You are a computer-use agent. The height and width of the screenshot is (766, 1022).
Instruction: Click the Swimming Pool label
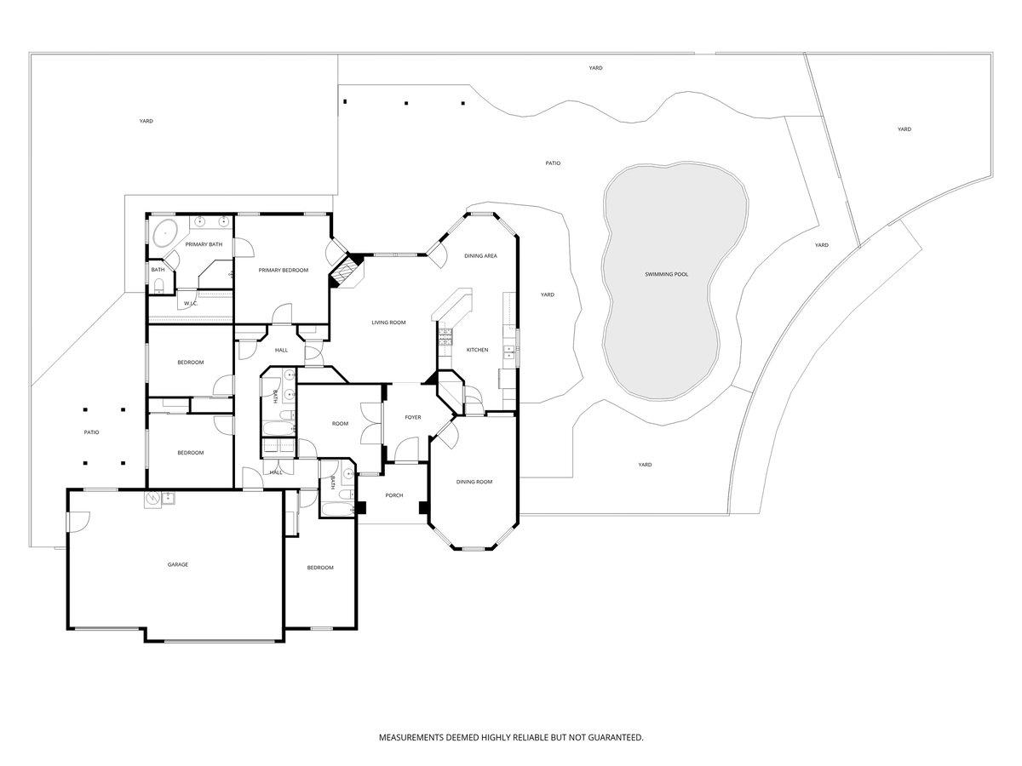click(666, 274)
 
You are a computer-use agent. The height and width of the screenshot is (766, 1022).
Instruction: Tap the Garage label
click(178, 564)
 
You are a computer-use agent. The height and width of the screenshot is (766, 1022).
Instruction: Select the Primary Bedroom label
click(283, 270)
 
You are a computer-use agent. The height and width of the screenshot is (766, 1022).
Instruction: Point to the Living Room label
click(388, 323)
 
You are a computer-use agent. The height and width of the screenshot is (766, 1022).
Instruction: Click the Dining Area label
click(480, 256)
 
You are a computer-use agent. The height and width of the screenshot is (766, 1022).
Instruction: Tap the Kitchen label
click(477, 350)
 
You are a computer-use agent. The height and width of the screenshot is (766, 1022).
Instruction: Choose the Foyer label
click(412, 417)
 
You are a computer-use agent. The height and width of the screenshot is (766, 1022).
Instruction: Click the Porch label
click(394, 495)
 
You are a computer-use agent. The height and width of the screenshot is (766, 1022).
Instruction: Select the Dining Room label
click(474, 482)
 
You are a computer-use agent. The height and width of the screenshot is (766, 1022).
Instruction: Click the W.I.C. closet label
click(191, 303)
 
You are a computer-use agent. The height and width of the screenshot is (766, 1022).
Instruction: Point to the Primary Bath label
click(204, 244)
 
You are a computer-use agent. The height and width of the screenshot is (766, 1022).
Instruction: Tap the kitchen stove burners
click(445, 337)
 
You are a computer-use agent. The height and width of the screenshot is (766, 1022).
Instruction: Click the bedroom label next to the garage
click(320, 568)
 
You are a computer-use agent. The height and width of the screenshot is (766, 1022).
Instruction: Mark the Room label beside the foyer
click(340, 424)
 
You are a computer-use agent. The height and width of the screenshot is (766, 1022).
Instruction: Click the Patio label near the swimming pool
click(553, 163)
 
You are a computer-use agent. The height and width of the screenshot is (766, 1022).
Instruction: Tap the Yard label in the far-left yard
click(146, 121)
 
